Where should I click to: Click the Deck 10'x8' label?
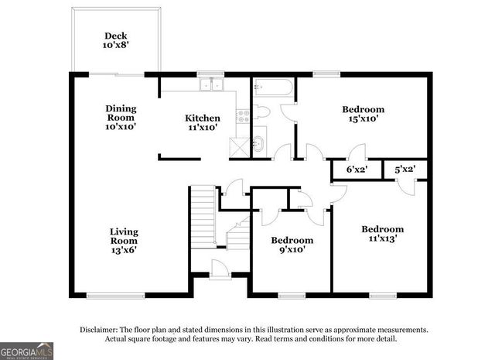point(117,41)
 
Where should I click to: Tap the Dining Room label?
point(121,117)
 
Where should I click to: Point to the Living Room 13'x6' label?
point(124,235)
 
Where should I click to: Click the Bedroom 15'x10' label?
point(363,114)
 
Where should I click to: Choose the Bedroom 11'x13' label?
point(382,234)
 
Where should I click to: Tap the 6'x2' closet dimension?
point(356,169)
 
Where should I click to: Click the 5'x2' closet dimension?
point(405,169)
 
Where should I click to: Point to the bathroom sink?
point(259,142)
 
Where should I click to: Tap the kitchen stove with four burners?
point(244,117)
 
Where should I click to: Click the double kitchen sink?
point(210,85)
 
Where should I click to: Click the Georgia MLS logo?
point(27,350)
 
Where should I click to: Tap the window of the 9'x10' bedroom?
point(292,294)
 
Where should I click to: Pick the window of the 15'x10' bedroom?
point(325,74)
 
